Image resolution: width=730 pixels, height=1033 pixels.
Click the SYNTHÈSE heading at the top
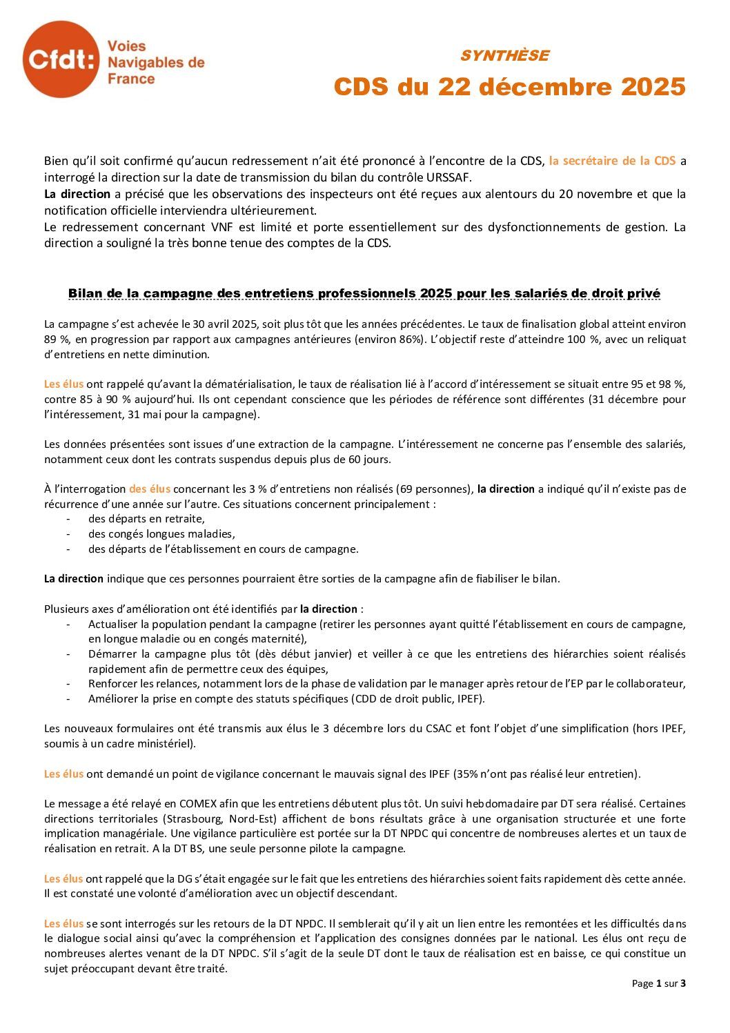[504, 56]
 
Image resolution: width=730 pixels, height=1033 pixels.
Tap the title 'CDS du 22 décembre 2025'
[509, 88]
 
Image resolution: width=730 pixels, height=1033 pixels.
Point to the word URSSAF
[448, 177]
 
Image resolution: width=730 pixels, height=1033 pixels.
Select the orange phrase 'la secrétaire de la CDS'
[612, 161]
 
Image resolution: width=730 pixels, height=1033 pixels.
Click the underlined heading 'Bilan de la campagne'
[364, 293]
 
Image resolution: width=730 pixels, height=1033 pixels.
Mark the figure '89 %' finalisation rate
[55, 339]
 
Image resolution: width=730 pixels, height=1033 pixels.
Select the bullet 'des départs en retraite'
[146, 519]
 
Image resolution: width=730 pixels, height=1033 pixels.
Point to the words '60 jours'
[370, 459]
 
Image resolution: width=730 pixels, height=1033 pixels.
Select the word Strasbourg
[194, 819]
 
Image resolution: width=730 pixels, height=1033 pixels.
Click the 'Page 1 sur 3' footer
[658, 983]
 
